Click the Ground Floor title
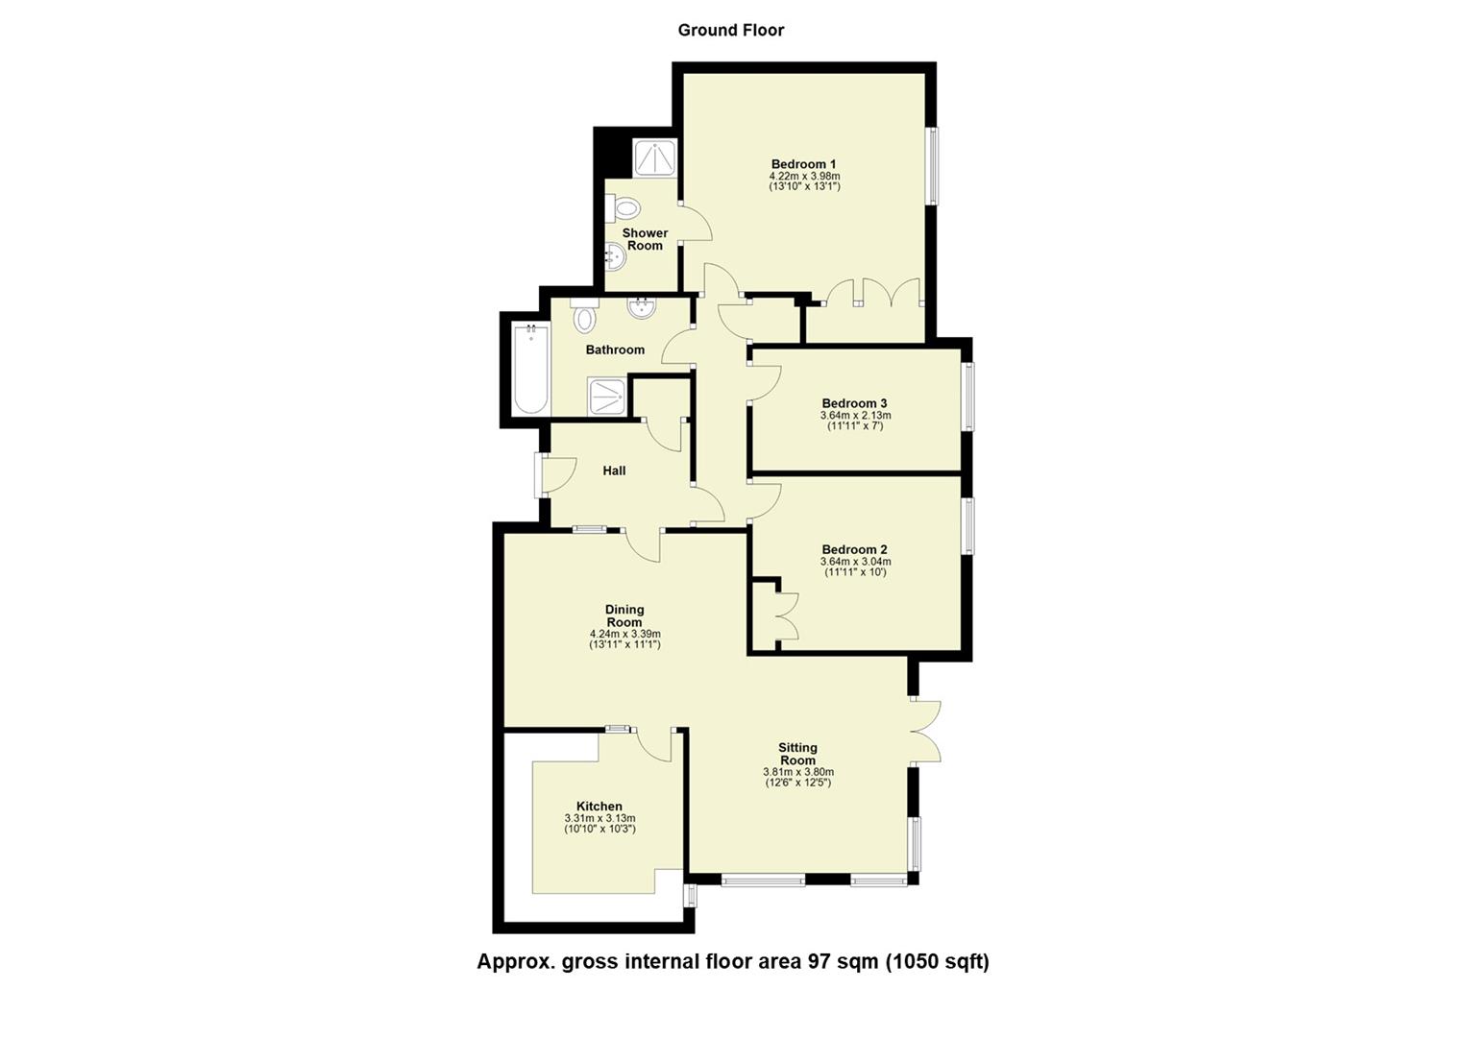tap(730, 30)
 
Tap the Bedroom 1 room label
tap(804, 163)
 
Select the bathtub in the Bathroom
tap(530, 370)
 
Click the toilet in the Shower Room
tap(625, 207)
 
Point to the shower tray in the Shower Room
tap(656, 158)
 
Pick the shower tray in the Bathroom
tap(608, 396)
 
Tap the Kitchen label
tap(599, 807)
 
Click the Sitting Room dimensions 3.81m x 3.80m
tap(797, 772)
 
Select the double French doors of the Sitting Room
tap(924, 731)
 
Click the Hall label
tap(614, 470)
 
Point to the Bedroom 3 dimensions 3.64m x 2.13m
tap(855, 416)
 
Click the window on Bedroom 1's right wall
tap(932, 165)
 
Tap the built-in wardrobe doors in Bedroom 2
tap(787, 615)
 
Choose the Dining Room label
tap(624, 615)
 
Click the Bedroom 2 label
tap(854, 549)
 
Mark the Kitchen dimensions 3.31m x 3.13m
tap(599, 819)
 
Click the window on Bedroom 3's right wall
tap(968, 396)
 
